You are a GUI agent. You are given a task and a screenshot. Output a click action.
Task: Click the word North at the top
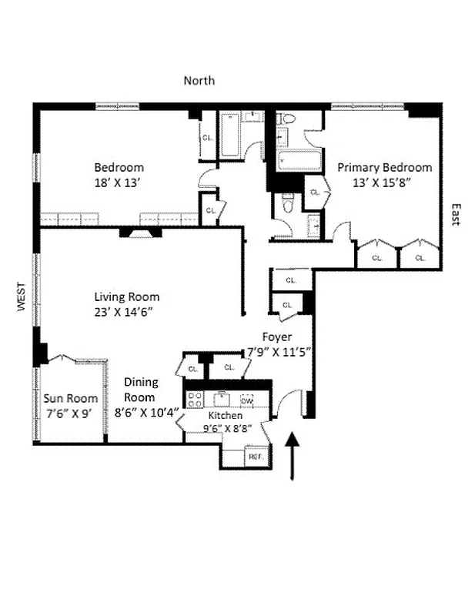pyautogui.click(x=199, y=80)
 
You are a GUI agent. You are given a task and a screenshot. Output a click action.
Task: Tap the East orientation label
pyautogui.click(x=455, y=214)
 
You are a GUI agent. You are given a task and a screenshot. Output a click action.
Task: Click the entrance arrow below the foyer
pyautogui.click(x=292, y=455)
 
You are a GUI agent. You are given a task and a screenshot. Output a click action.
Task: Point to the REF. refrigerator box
pyautogui.click(x=256, y=457)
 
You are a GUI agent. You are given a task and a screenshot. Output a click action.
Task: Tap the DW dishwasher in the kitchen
pyautogui.click(x=247, y=400)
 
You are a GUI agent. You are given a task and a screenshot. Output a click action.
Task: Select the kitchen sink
pyautogui.click(x=221, y=399)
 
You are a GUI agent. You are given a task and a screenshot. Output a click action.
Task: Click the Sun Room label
pyautogui.click(x=70, y=398)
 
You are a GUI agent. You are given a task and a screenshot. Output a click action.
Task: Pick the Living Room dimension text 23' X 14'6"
pyautogui.click(x=127, y=312)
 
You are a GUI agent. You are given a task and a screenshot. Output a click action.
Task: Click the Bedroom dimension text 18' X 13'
pyautogui.click(x=119, y=182)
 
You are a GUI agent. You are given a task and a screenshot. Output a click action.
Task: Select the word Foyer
pyautogui.click(x=276, y=336)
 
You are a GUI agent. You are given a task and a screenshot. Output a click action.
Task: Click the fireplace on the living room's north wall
pyautogui.click(x=140, y=232)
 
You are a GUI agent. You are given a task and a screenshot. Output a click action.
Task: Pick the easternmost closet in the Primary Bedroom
pyautogui.click(x=420, y=255)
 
